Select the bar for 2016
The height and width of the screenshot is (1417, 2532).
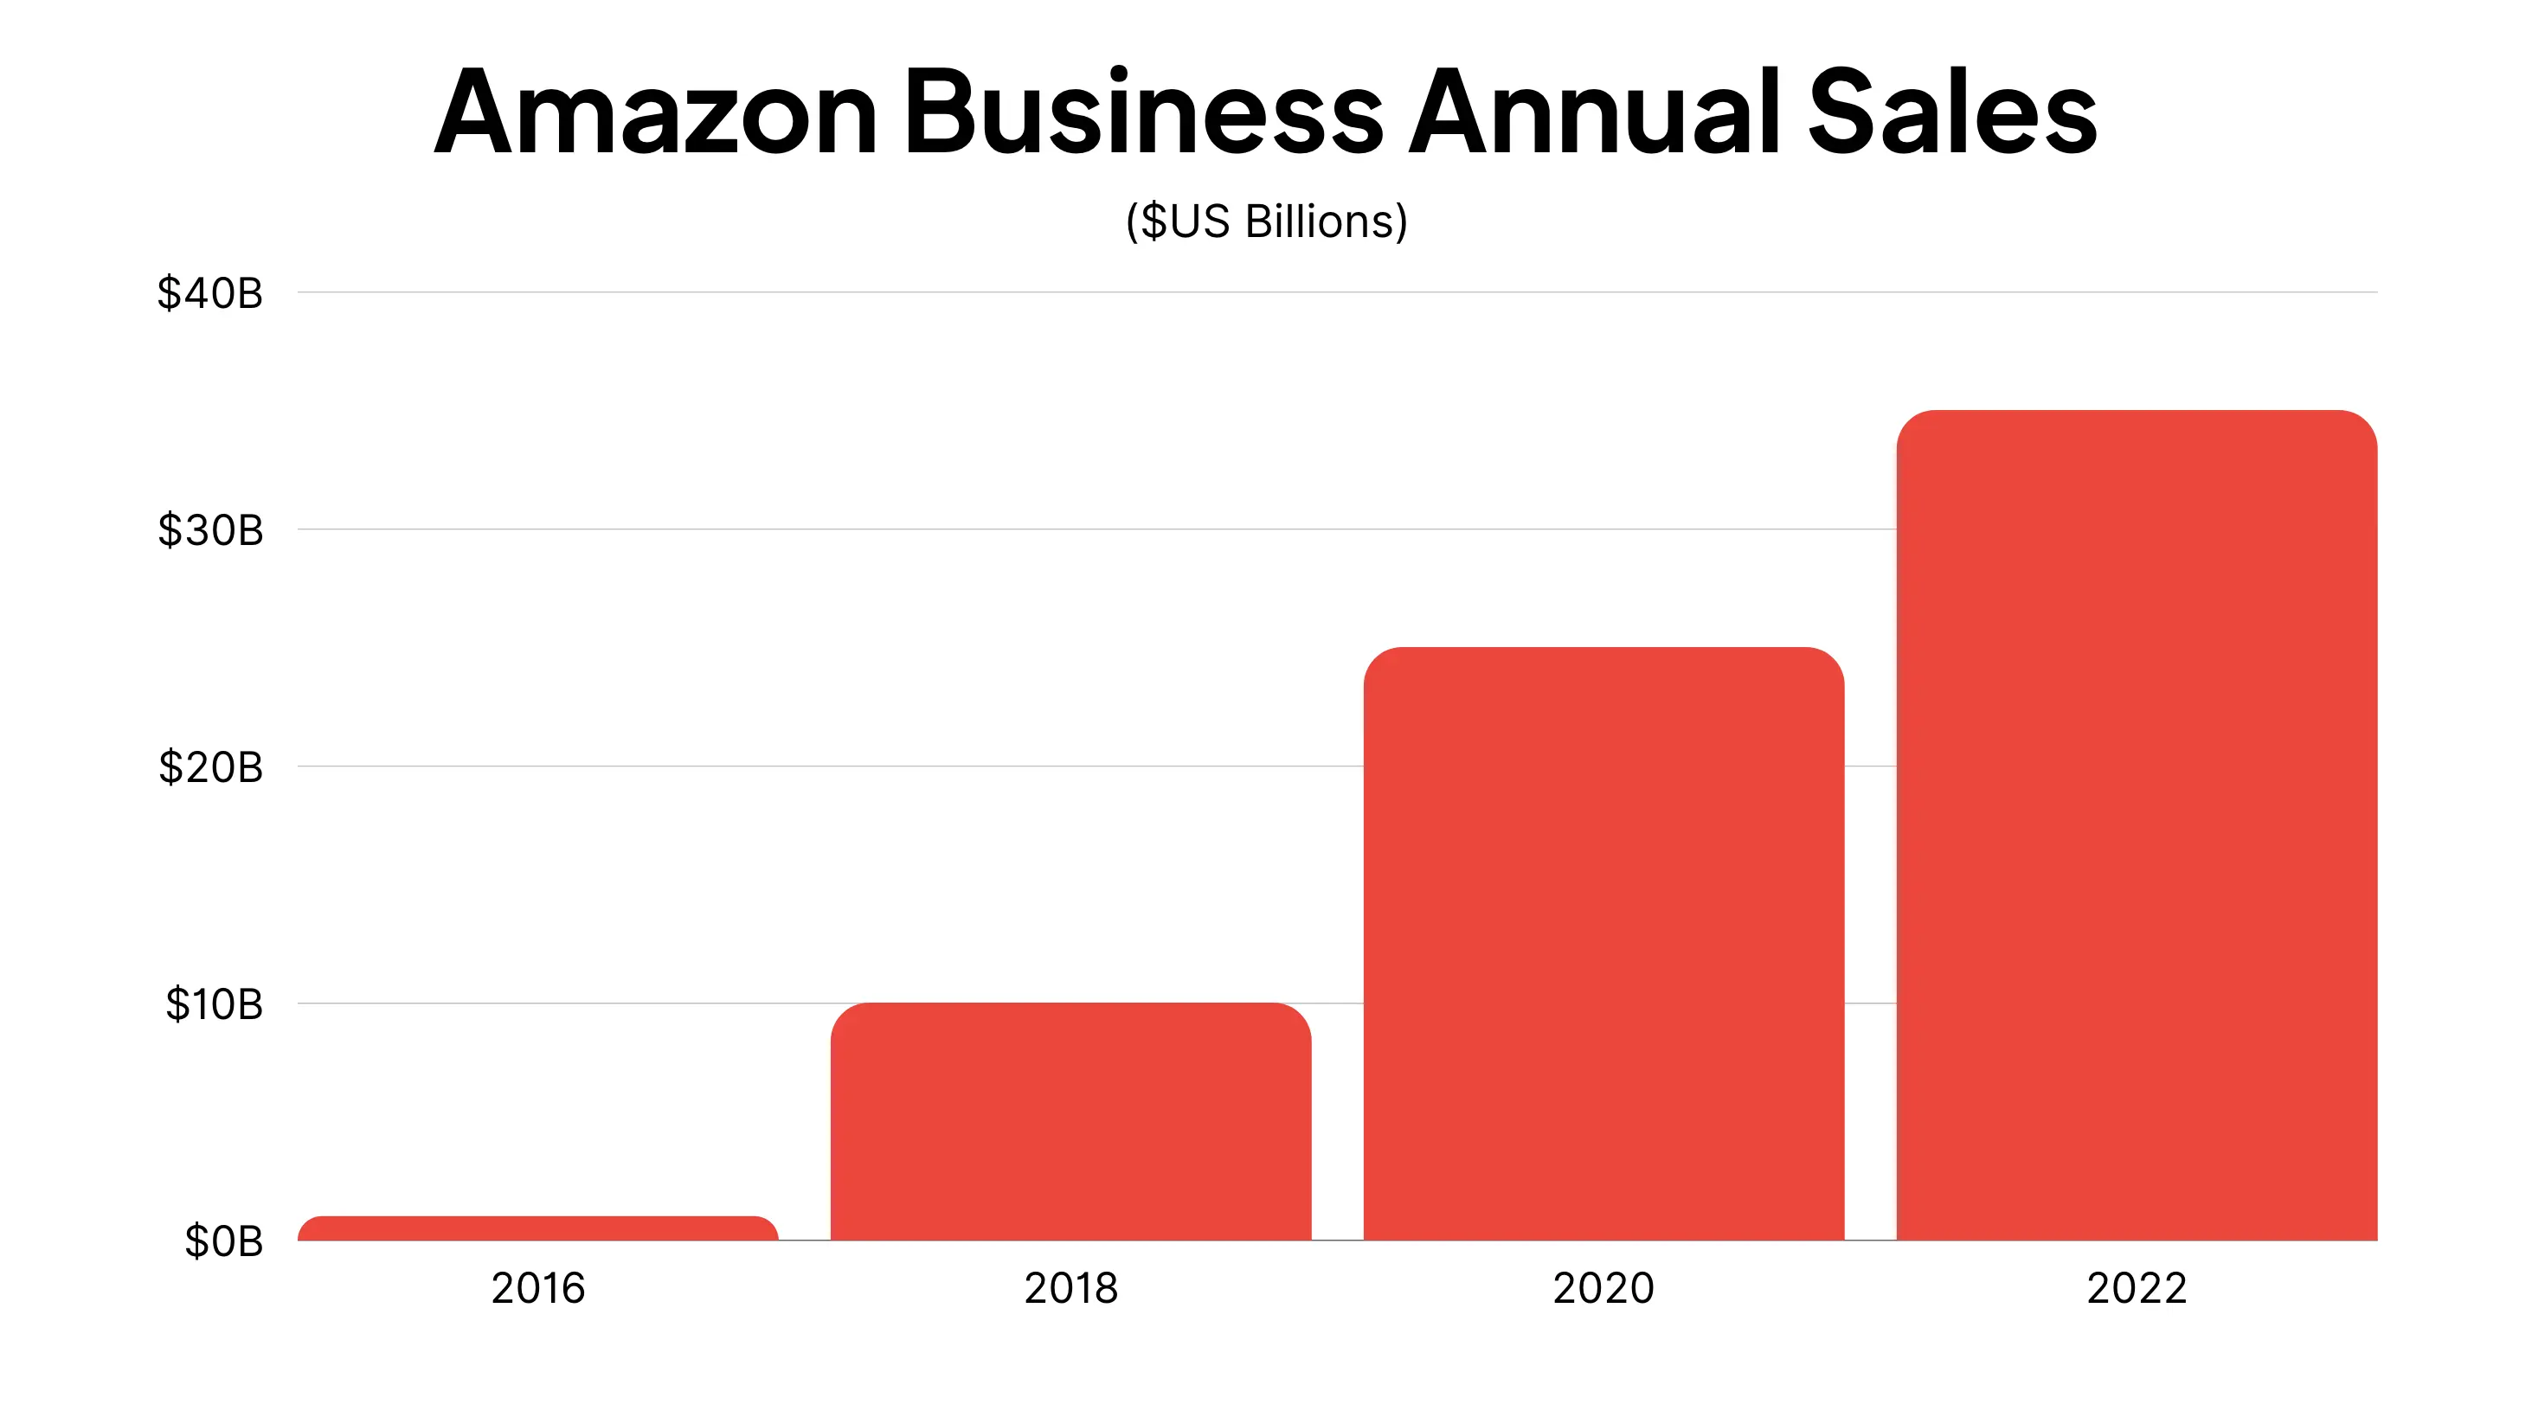pos(537,1229)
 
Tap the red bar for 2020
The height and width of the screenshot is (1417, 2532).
pos(1603,943)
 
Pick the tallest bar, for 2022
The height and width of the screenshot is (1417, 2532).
pos(2136,825)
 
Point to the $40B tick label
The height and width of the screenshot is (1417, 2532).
pos(210,293)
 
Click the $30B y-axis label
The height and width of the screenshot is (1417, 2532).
pos(210,530)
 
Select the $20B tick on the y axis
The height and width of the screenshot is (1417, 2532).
pos(210,767)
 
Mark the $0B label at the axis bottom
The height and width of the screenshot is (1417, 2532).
pos(224,1242)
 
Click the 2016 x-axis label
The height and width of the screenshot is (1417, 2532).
pos(537,1288)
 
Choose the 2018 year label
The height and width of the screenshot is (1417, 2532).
pos(1070,1288)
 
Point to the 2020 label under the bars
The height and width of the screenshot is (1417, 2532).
pos(1603,1288)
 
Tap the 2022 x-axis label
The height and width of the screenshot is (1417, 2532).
pos(2136,1288)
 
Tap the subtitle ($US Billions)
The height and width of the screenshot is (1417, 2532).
pos(1266,221)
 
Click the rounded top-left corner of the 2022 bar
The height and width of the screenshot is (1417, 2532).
pos(1912,426)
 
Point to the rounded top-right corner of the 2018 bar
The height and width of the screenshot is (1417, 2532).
pos(1295,1019)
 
